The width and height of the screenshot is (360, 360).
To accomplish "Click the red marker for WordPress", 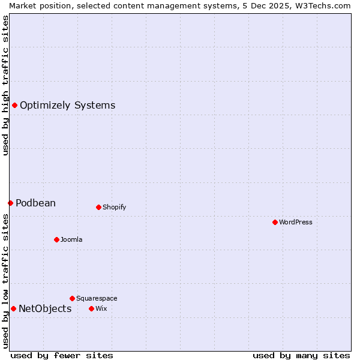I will pos(275,222).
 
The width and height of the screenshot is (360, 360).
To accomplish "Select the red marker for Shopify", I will pos(98,207).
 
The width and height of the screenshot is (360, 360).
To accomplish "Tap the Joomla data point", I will pos(56,239).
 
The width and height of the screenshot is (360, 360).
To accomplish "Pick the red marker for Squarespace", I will pos(72,298).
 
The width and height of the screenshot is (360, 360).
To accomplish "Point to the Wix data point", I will pos(91,308).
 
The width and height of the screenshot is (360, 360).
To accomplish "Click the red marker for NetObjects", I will pos(13,308).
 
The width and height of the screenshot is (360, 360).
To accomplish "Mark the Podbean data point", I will pos(10,203).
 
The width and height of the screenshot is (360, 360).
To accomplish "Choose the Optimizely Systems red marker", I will pos(14,106).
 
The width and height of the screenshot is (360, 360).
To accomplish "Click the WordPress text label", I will pos(296,222).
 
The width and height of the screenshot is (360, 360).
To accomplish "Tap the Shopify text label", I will pos(114,207).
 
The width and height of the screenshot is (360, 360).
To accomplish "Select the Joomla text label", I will pos(71,239).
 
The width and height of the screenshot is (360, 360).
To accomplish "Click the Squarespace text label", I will pos(97,298).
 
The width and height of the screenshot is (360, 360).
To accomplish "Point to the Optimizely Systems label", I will pos(67,106).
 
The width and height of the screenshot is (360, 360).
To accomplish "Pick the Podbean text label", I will pos(35,203).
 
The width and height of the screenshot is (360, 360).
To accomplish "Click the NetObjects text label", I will pos(45,308).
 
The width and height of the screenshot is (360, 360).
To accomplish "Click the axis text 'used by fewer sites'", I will pos(62,355).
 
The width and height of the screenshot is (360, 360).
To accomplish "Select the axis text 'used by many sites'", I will pos(301,355).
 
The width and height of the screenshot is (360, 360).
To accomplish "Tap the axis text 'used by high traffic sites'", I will pos(5,85).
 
